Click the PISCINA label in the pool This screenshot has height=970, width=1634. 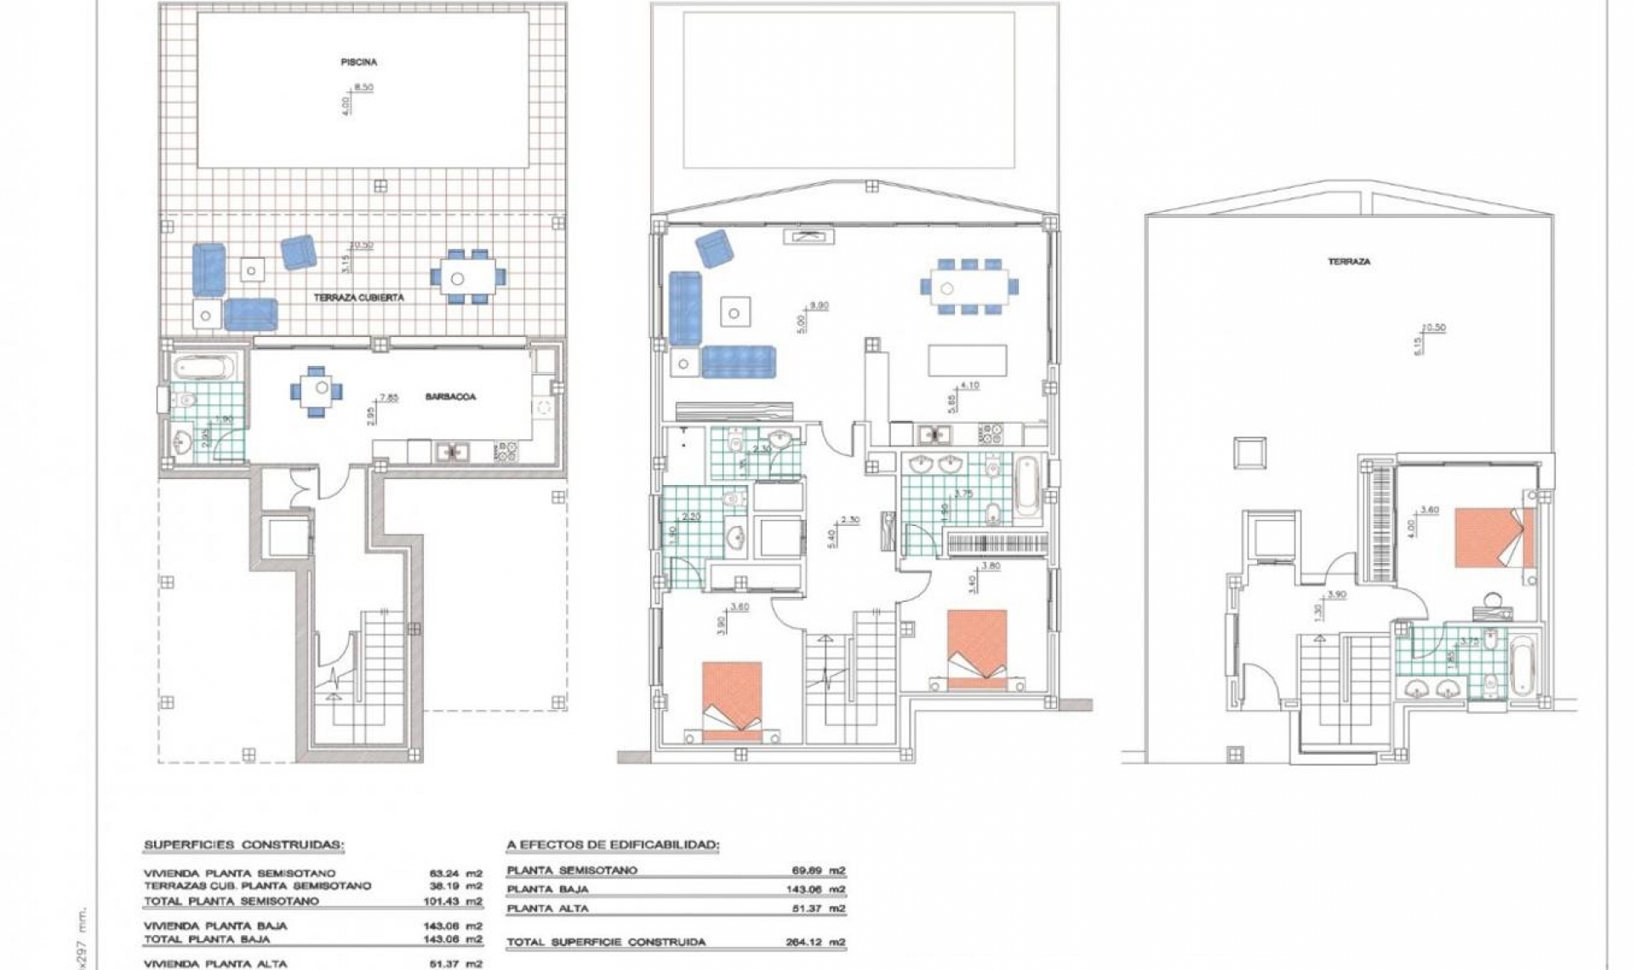click(358, 62)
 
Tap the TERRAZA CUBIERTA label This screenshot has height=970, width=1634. click(358, 298)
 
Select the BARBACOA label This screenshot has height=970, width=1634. click(451, 397)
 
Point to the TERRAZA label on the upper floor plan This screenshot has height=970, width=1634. click(1349, 262)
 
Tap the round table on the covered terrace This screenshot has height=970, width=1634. click(458, 277)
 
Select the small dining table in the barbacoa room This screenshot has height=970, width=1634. click(318, 390)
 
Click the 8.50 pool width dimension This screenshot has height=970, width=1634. click(363, 87)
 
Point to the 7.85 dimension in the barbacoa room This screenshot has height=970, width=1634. click(389, 397)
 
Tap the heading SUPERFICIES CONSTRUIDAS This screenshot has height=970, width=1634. click(243, 845)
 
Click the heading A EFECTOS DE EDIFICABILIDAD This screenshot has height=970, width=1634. click(613, 845)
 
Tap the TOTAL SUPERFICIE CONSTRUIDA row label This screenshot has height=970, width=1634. click(606, 942)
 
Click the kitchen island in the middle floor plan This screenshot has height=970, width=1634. click(968, 359)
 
